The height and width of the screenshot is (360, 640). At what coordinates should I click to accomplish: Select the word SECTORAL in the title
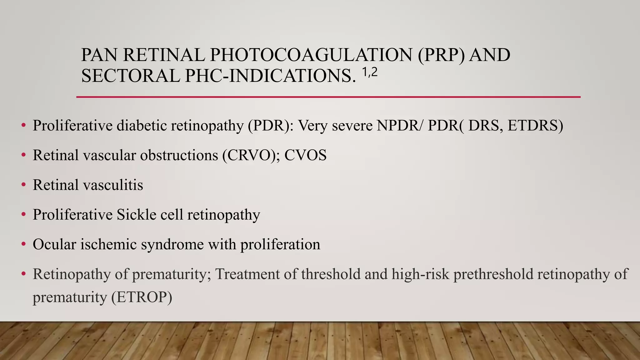point(130,76)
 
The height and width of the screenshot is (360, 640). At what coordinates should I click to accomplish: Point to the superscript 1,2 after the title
point(370,73)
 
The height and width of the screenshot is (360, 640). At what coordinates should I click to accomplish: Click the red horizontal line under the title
point(328,97)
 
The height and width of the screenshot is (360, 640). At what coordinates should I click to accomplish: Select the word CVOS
point(305,155)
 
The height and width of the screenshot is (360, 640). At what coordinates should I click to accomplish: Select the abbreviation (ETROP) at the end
point(142,297)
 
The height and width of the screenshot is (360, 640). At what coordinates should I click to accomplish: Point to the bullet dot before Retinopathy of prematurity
point(23,274)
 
